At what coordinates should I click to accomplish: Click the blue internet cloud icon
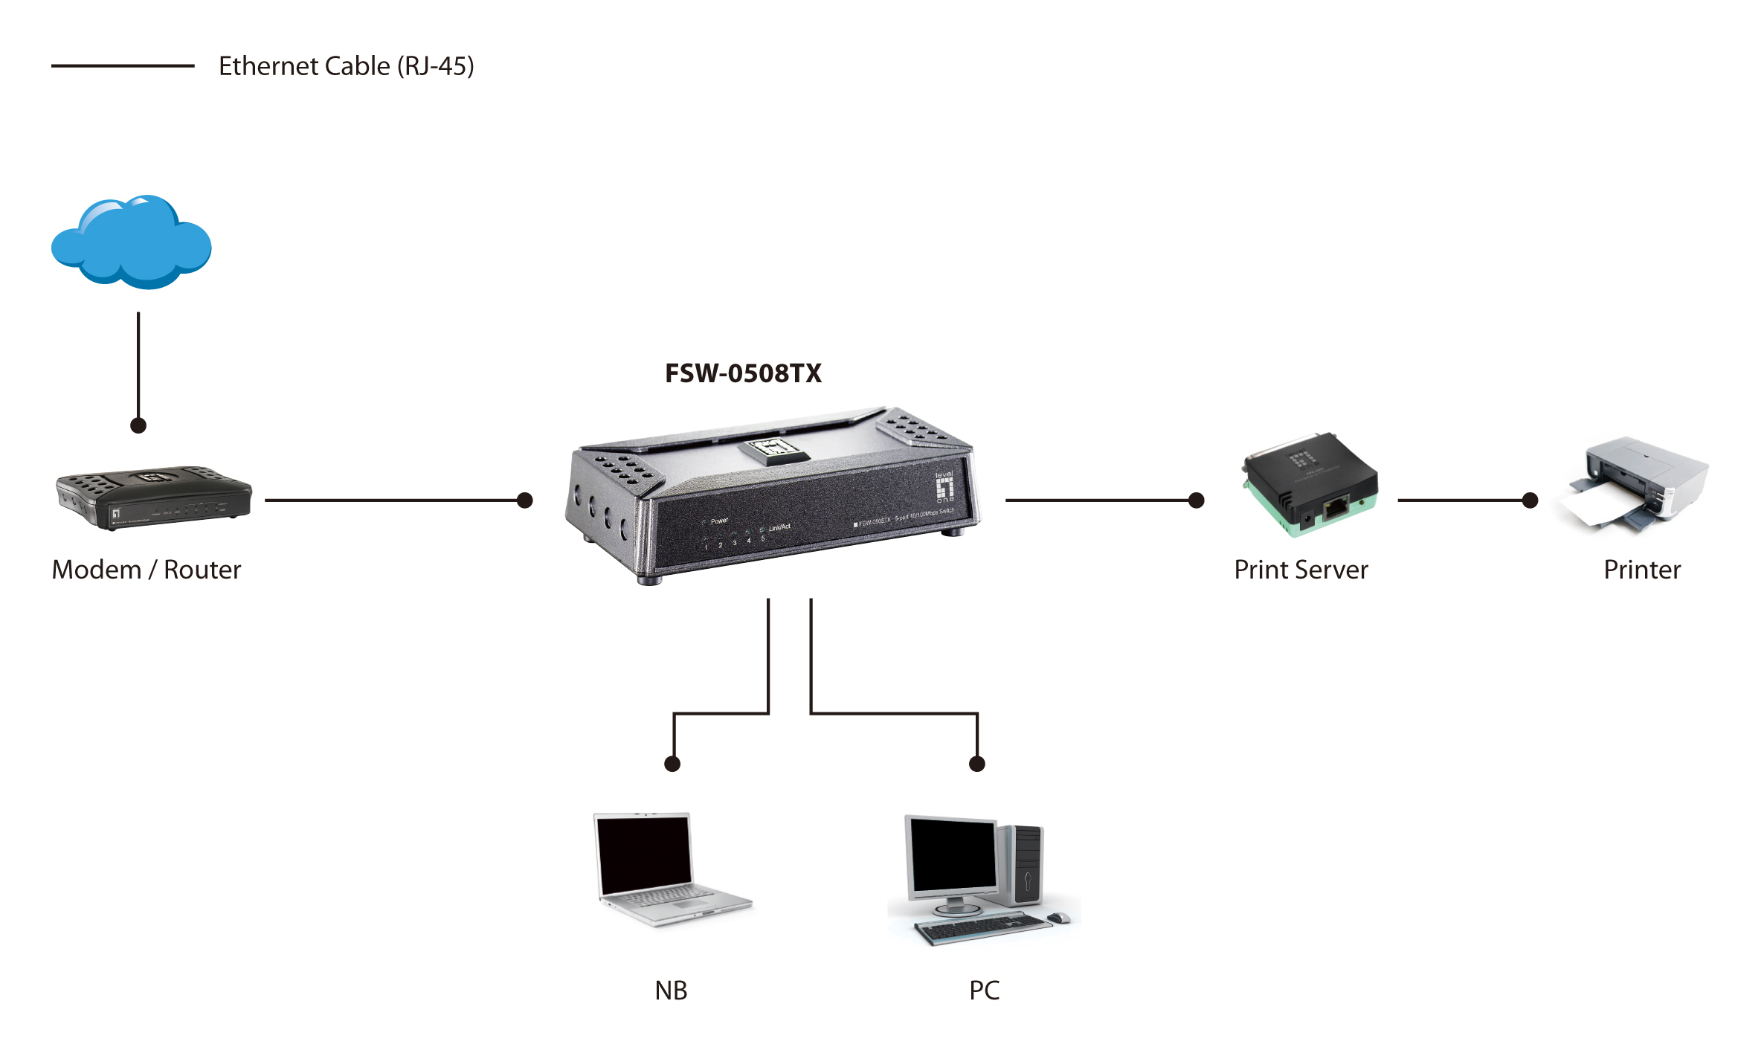click(132, 243)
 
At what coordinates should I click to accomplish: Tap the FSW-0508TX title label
click(743, 373)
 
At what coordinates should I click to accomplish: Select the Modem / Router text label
click(147, 570)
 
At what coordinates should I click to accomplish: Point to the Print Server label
click(1301, 570)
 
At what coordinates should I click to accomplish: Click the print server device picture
click(1309, 485)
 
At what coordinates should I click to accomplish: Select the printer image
click(1636, 485)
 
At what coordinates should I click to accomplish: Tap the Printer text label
click(1641, 570)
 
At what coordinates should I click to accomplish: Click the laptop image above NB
click(669, 868)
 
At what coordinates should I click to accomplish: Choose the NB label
click(671, 991)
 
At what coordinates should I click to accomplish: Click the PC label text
click(984, 991)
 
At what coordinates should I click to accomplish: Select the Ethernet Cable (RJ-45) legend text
click(346, 66)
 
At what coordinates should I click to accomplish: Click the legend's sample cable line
click(123, 66)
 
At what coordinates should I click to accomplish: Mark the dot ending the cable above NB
click(672, 764)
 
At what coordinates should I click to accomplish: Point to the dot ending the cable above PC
click(977, 764)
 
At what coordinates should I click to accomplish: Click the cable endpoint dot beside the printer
click(1530, 500)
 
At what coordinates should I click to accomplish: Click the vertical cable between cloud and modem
click(138, 364)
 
